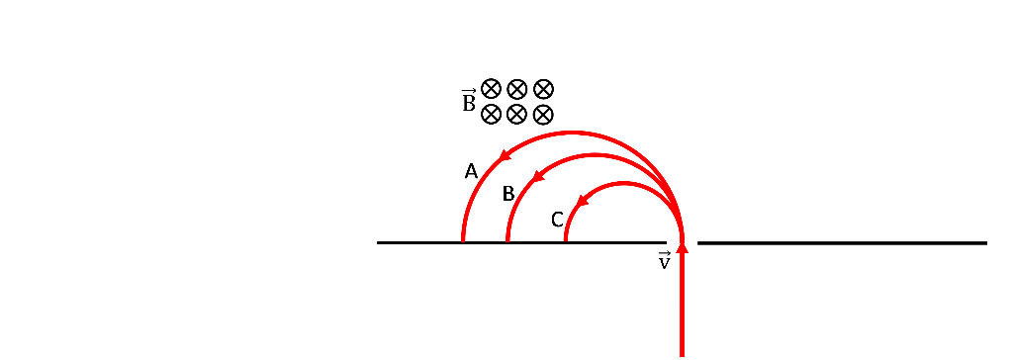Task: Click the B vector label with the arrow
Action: tap(468, 101)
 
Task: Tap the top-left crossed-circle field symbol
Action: tap(491, 89)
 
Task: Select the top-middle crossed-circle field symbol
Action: tap(516, 89)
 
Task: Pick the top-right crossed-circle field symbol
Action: tap(542, 89)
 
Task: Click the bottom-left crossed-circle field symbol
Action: tap(491, 115)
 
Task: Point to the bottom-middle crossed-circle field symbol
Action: tap(516, 114)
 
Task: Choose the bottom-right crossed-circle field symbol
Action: tap(542, 114)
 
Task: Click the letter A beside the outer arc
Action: tap(472, 171)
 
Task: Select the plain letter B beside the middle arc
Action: tap(508, 194)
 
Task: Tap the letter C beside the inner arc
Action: tap(557, 220)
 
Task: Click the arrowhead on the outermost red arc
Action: tap(504, 155)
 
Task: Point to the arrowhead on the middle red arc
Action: tap(539, 176)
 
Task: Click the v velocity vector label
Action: tap(664, 261)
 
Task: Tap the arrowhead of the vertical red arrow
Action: tap(682, 246)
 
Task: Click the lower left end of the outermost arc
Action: tap(463, 239)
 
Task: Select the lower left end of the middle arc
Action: tap(507, 239)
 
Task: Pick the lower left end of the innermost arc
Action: tap(566, 239)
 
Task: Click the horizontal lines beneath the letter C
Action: tap(560, 243)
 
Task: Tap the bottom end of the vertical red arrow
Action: tap(682, 353)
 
